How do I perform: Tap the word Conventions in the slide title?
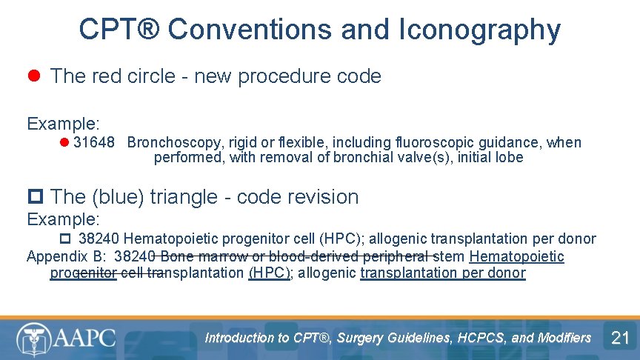pyautogui.click(x=250, y=30)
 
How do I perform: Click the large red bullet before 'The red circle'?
pyautogui.click(x=33, y=76)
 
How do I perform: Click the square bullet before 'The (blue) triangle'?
pyautogui.click(x=35, y=196)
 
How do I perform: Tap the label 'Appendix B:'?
pyautogui.click(x=66, y=257)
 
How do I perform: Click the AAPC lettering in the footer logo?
pyautogui.click(x=83, y=339)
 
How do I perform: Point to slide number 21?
pyautogui.click(x=619, y=339)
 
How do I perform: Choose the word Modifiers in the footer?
pyautogui.click(x=563, y=338)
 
